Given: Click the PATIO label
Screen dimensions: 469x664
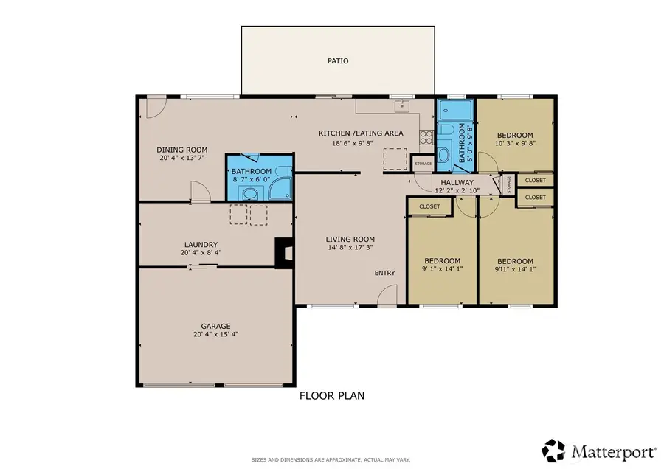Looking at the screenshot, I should tap(338, 61).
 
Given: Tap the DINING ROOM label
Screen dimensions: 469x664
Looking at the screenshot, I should tap(181, 150).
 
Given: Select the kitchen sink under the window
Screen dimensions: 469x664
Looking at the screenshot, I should tap(402, 106).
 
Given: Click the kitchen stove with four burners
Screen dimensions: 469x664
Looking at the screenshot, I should tap(426, 136).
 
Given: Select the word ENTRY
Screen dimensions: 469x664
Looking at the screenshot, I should tap(384, 274).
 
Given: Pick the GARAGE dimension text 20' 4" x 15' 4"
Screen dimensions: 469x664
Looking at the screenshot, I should tap(215, 334).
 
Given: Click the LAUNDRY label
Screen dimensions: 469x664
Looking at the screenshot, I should tap(201, 245).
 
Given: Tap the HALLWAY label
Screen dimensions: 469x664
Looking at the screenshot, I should tap(457, 182).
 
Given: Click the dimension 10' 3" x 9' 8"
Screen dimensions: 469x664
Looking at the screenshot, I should tap(514, 145).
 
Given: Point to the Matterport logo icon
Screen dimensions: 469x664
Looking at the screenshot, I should tap(554, 449).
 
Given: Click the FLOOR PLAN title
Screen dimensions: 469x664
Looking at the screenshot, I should tap(331, 396).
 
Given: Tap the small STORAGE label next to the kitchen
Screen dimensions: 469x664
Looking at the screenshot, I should tap(423, 164).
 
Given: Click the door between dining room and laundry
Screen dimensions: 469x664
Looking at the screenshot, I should tap(199, 193).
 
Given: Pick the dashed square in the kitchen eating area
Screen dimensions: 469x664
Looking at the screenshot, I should tap(395, 159).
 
